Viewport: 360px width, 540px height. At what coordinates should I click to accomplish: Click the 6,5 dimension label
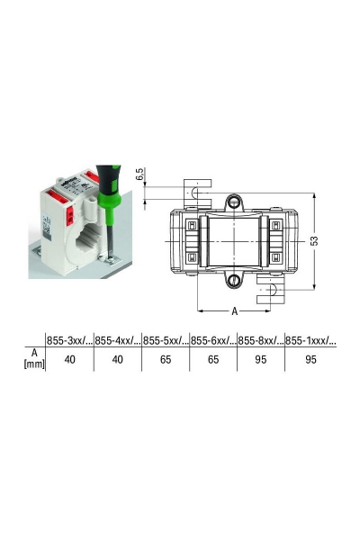tap(141, 175)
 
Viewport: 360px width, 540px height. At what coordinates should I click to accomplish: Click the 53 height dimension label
tap(313, 242)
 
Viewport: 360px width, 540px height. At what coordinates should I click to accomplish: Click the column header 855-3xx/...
tap(69, 341)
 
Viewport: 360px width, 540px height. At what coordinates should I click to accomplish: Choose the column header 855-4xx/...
tap(117, 341)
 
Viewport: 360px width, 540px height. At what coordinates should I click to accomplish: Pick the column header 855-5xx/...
tap(165, 341)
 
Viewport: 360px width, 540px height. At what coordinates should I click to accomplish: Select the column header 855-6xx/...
tap(212, 341)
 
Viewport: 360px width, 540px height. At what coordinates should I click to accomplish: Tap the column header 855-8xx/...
tap(260, 341)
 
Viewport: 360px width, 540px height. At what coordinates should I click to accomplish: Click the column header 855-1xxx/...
tap(310, 341)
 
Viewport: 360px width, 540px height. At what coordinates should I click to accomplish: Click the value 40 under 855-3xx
tap(69, 358)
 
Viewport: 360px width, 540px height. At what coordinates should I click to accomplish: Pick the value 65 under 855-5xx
tap(165, 358)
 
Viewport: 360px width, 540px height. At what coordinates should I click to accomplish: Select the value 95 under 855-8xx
tap(260, 358)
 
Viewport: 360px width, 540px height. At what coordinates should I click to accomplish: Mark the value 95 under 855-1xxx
tap(309, 358)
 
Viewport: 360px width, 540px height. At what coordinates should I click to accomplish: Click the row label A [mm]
tap(32, 358)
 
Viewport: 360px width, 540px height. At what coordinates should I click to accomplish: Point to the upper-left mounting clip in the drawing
tap(197, 191)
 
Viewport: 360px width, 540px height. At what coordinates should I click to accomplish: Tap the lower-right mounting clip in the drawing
tap(270, 290)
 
